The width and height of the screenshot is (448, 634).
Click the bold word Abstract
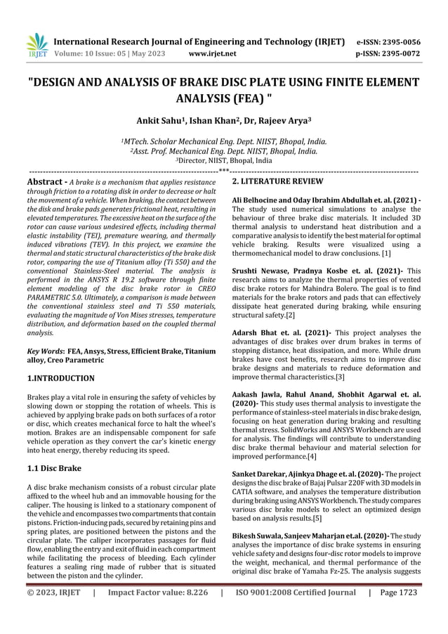pyautogui.click(x=46, y=182)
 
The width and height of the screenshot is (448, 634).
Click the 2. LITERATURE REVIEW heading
pyautogui.click(x=277, y=182)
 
